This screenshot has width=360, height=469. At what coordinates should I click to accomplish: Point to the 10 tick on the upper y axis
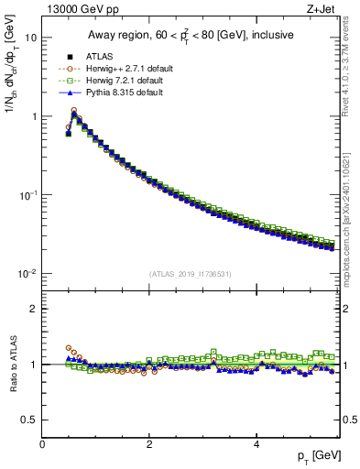(x=31, y=38)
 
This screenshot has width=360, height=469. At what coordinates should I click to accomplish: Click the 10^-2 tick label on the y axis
(x=27, y=274)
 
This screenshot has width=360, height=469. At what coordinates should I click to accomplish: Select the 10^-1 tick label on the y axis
(x=27, y=195)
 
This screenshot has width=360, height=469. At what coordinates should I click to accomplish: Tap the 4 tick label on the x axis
(x=256, y=444)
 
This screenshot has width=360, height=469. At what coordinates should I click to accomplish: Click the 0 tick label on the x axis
(x=42, y=444)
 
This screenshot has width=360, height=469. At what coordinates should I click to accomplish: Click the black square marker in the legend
(x=69, y=57)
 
